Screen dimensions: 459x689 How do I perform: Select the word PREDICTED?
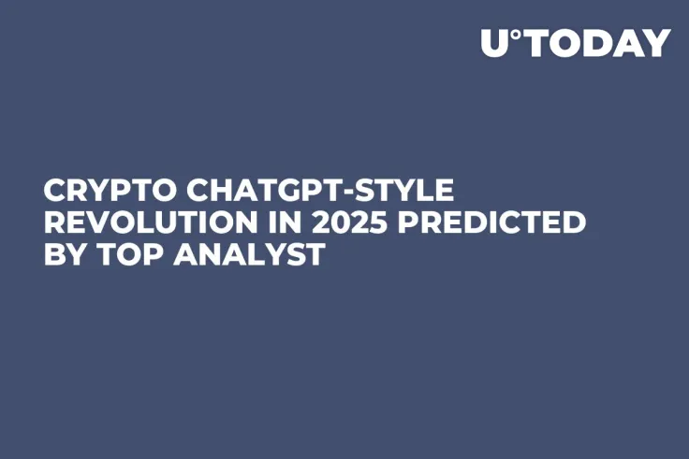494,222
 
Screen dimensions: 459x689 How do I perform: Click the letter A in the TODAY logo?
629,44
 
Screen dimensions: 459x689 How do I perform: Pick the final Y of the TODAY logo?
658,44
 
